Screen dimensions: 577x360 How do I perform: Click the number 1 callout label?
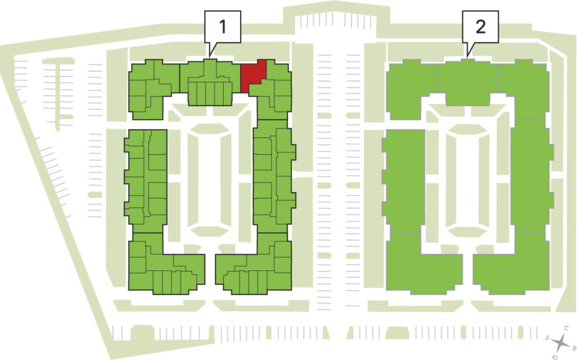click(223, 26)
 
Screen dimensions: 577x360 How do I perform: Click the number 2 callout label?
click(481, 26)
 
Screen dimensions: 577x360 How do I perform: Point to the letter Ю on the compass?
click(555, 357)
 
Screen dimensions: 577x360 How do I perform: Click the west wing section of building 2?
click(403, 181)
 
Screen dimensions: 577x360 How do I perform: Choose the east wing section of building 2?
click(531, 176)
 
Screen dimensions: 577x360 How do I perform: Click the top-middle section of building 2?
click(468, 82)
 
